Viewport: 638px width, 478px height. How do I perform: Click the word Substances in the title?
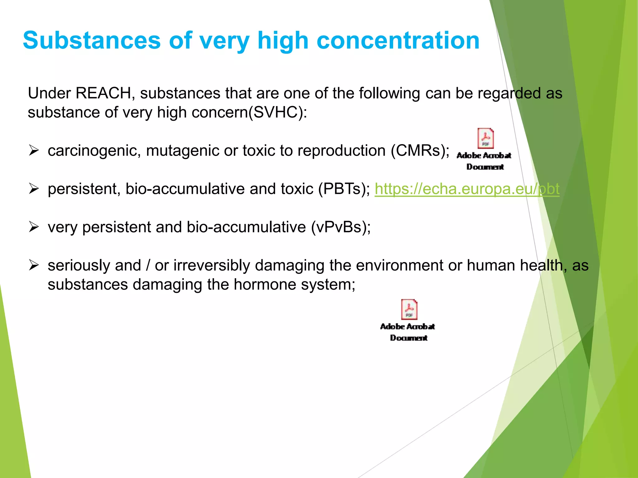[x=92, y=40]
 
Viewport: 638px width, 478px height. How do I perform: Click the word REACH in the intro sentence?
[x=103, y=93]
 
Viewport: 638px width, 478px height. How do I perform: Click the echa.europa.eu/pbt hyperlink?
[x=467, y=189]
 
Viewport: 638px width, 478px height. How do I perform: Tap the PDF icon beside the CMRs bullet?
[x=485, y=139]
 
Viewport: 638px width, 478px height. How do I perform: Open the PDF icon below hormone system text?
[x=409, y=310]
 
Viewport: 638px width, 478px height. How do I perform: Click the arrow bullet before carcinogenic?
[x=34, y=151]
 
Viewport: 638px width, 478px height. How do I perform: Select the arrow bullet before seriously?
[x=34, y=265]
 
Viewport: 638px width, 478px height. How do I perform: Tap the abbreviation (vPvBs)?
[x=340, y=227]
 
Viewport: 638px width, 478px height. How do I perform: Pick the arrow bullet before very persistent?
[x=34, y=227]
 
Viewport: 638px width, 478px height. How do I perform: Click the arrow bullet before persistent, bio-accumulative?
[x=34, y=189]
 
